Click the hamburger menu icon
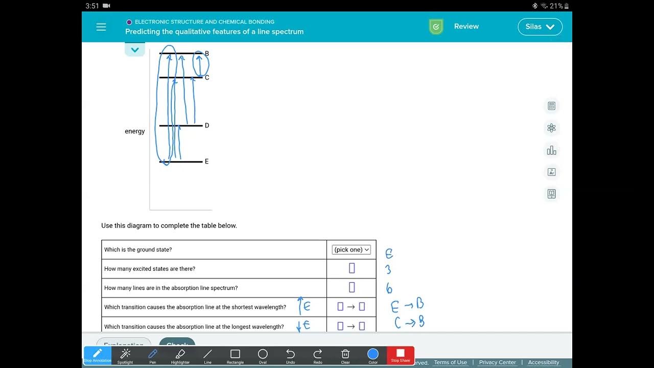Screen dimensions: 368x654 pyautogui.click(x=101, y=27)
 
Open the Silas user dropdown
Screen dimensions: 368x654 pyautogui.click(x=540, y=27)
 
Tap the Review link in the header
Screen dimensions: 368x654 pyautogui.click(x=466, y=27)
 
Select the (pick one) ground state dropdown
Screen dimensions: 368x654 pyautogui.click(x=352, y=249)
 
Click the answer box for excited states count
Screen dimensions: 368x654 pyautogui.click(x=352, y=268)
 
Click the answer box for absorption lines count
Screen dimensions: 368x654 pyautogui.click(x=352, y=287)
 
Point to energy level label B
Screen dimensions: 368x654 pyautogui.click(x=207, y=54)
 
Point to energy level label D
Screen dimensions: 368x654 pyautogui.click(x=207, y=126)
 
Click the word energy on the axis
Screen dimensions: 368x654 pyautogui.click(x=135, y=131)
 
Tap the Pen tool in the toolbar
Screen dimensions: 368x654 pyautogui.click(x=152, y=355)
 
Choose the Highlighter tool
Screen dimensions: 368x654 pyautogui.click(x=180, y=355)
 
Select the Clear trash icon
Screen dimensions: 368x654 pyautogui.click(x=345, y=355)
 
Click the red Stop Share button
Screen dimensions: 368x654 pyautogui.click(x=401, y=355)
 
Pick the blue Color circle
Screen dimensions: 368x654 pyautogui.click(x=373, y=354)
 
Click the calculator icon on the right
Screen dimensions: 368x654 pyautogui.click(x=551, y=106)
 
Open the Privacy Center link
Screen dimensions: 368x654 pyautogui.click(x=497, y=362)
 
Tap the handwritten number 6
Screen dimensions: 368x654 pyautogui.click(x=389, y=289)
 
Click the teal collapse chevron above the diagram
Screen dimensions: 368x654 pyautogui.click(x=135, y=50)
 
